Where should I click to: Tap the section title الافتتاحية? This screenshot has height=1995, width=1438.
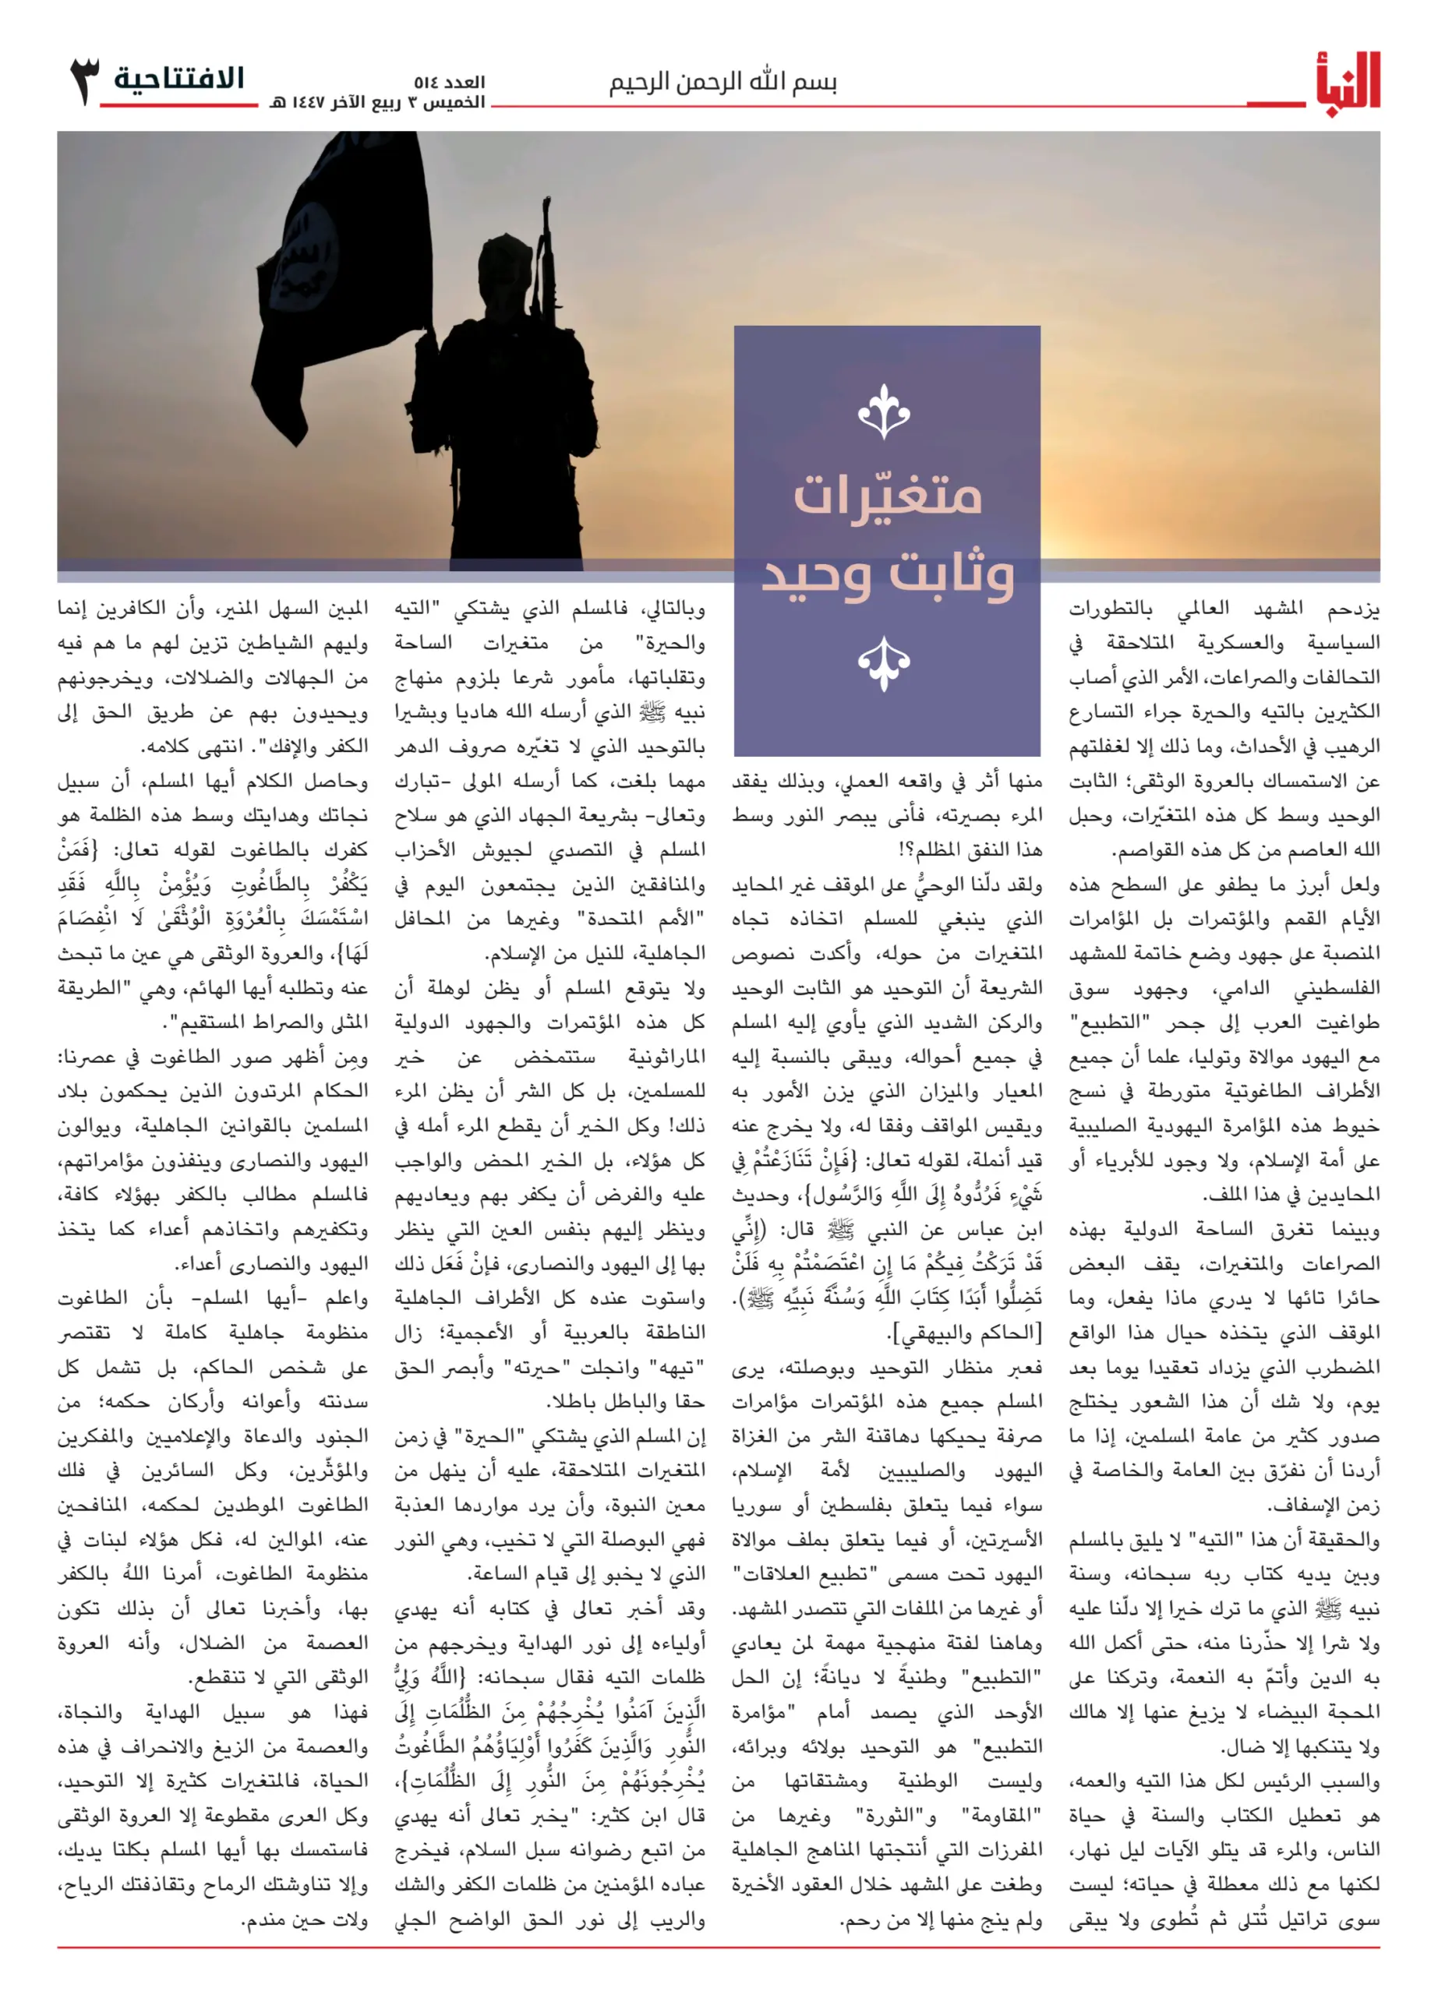178,79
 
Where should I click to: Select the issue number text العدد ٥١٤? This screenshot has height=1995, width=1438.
450,83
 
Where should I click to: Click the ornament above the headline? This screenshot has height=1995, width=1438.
884,411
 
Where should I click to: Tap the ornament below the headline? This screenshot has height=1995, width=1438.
884,663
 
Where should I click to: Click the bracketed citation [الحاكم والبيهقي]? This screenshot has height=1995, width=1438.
965,1333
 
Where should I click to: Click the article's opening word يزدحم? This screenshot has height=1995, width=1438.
1355,608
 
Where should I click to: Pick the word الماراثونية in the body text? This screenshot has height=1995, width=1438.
666,1057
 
